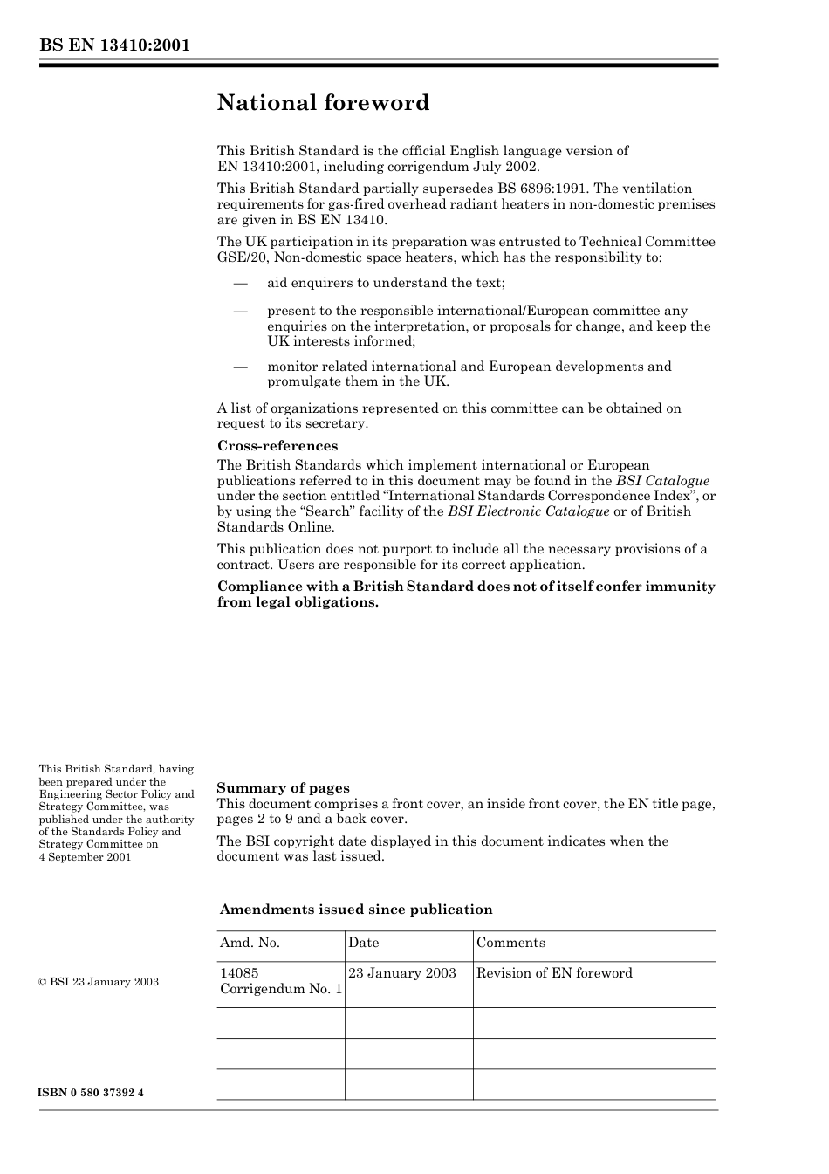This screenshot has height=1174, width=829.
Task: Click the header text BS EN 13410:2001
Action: pos(114,45)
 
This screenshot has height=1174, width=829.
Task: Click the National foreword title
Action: pos(323,103)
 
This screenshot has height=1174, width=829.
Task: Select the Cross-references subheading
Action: pos(277,446)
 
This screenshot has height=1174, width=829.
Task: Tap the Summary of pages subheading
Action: pos(283,787)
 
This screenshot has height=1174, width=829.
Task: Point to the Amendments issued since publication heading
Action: pos(356,910)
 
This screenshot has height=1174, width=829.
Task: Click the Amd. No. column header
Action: pos(250,943)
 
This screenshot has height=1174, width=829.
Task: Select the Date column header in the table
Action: pos(364,943)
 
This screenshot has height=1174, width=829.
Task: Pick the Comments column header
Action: pos(510,943)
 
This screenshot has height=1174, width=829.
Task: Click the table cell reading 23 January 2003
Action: pos(402,973)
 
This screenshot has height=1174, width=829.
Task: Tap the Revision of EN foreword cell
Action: pos(554,973)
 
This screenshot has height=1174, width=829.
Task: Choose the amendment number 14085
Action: pos(239,973)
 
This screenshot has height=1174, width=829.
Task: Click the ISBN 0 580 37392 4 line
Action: pos(92,1094)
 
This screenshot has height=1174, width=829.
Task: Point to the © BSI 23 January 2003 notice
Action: pos(99,982)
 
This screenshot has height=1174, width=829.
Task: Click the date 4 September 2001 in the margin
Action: pos(86,857)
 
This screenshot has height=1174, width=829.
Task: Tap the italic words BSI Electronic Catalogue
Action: pos(528,511)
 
